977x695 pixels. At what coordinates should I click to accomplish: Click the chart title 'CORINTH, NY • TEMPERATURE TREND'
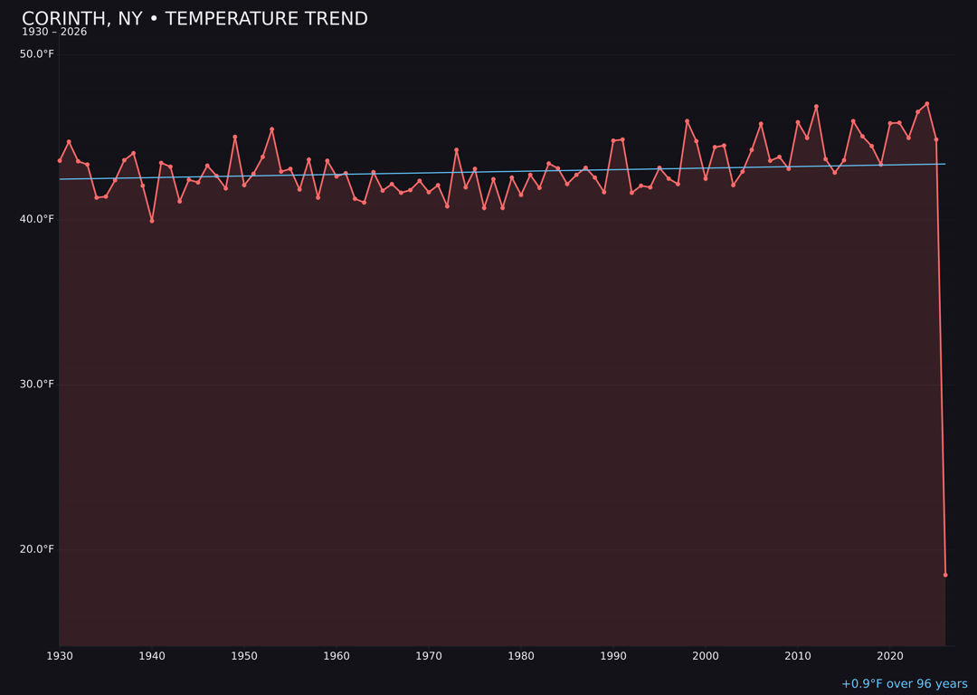coord(194,19)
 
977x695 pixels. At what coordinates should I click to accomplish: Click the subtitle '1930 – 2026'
coord(54,33)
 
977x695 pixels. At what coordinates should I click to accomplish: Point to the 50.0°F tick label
coord(37,54)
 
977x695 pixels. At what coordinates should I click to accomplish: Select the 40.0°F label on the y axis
coord(37,219)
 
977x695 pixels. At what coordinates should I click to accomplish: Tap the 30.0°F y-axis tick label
coord(37,384)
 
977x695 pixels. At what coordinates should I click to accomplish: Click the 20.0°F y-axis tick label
coord(37,549)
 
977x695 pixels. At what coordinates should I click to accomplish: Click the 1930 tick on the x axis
coord(60,656)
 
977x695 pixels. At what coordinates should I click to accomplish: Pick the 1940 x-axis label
coord(152,656)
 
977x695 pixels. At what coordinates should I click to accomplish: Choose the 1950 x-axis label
coord(244,656)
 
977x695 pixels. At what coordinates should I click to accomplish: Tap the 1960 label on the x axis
coord(337,656)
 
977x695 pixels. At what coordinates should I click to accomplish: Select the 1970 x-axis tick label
coord(429,656)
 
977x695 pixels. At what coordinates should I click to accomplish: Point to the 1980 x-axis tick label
coord(521,656)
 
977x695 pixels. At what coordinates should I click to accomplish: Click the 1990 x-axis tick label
coord(613,656)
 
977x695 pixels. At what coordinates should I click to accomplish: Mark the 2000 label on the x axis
coord(706,656)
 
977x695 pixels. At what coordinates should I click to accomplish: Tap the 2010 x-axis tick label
coord(798,656)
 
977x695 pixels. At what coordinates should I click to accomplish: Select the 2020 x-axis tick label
coord(890,656)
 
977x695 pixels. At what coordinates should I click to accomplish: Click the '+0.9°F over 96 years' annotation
coord(904,684)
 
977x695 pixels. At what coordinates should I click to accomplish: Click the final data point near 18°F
coord(945,575)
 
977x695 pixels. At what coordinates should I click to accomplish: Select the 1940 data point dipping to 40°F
coord(152,221)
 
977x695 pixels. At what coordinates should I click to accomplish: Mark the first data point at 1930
coord(60,160)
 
